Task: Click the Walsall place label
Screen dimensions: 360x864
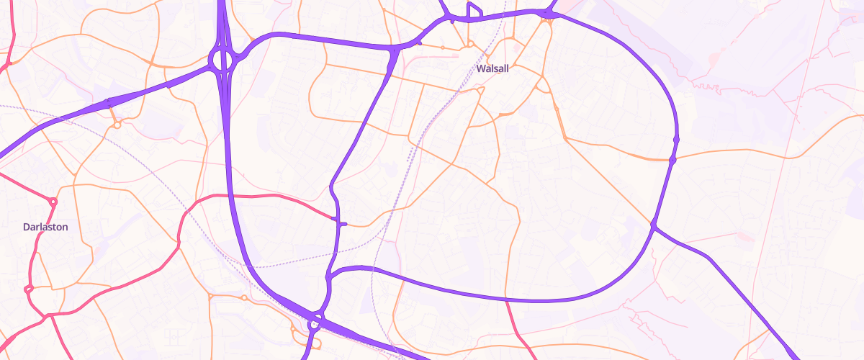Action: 493,68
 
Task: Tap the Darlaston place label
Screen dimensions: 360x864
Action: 45,227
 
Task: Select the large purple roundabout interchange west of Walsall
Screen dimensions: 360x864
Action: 222,60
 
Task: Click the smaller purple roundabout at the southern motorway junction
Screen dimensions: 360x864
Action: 315,323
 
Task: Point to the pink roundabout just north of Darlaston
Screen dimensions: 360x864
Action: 53,201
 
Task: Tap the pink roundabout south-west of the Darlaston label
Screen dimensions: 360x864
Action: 29,289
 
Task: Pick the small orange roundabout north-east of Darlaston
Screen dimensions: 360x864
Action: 117,125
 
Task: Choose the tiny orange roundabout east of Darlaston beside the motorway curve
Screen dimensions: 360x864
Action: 244,297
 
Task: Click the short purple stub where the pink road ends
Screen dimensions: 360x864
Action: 341,224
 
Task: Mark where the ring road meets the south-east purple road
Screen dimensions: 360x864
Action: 654,227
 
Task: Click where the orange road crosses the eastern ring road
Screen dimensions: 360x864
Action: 672,159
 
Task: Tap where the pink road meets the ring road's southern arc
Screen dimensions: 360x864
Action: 507,299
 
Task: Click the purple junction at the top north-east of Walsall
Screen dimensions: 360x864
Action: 550,13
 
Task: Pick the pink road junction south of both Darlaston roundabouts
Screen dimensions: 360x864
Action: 49,315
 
